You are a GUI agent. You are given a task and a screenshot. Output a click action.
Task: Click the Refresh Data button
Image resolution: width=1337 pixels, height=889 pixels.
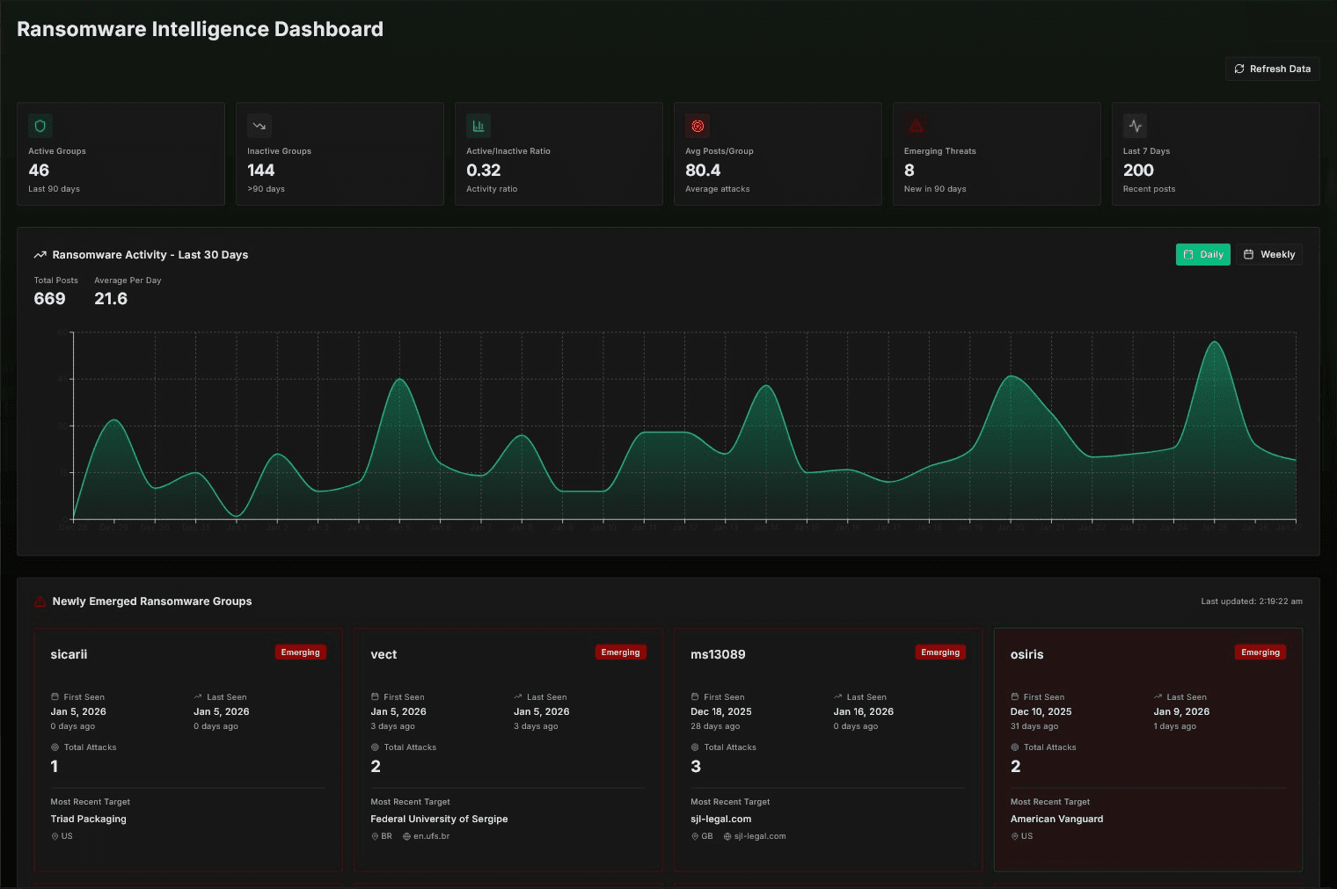point(1272,69)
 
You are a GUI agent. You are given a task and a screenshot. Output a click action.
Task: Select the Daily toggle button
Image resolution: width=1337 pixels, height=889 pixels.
point(1202,254)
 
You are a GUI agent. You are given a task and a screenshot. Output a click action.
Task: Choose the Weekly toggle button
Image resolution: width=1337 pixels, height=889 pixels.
point(1268,254)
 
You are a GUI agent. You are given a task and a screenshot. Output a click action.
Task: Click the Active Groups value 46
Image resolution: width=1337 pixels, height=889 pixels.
point(39,171)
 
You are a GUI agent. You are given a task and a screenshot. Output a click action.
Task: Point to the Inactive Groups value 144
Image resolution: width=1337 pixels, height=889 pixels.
point(260,171)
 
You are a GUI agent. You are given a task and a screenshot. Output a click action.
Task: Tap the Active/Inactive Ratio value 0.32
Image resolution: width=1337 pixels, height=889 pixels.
point(483,171)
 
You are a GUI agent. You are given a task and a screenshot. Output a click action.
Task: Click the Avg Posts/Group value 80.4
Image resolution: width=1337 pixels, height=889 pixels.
point(702,171)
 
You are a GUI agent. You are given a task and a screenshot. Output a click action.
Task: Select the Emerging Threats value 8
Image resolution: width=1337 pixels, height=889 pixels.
point(909,171)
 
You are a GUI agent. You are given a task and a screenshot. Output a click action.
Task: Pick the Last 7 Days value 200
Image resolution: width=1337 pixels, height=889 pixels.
point(1137,171)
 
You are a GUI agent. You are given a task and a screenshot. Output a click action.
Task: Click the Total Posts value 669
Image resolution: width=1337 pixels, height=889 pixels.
point(49,299)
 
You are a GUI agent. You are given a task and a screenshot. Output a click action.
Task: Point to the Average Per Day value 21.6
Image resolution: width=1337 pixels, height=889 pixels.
point(111,299)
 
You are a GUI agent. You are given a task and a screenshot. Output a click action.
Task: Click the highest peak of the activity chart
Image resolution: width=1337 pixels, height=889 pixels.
point(1215,342)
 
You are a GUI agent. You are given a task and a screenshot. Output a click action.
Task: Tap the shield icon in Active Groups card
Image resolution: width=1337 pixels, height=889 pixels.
point(40,126)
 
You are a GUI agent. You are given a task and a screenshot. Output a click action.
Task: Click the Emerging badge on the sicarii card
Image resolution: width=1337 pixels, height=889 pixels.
point(300,652)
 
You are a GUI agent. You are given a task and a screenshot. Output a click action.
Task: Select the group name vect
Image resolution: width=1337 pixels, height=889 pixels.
point(384,654)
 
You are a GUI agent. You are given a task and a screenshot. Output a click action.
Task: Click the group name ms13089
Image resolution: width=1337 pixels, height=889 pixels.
point(718,654)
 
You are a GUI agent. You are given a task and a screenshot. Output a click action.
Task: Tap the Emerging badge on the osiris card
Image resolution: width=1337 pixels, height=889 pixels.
point(1260,652)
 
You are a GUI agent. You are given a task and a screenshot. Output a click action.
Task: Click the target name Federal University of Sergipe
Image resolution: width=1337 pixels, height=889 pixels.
point(439,819)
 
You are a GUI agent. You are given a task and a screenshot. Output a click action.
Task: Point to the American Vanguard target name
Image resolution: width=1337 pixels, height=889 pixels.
point(1056,819)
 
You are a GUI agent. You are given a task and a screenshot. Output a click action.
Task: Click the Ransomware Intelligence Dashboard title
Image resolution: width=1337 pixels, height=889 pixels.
point(200,29)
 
